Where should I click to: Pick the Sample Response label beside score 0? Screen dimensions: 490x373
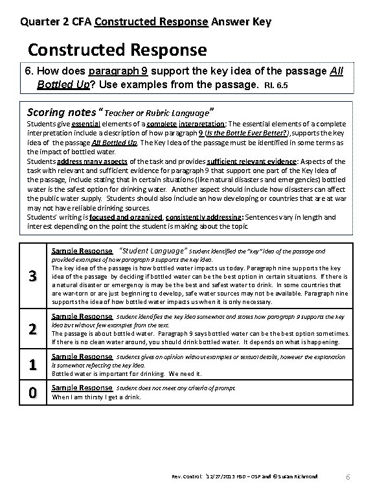(82, 387)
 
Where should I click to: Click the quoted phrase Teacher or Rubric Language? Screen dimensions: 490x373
(157, 108)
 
